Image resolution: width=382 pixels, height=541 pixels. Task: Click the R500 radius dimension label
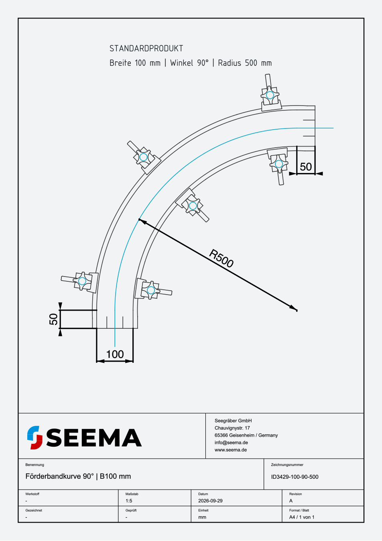221,258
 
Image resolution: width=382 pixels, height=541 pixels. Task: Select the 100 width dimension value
115,354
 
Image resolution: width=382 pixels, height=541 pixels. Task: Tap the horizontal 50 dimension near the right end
306,167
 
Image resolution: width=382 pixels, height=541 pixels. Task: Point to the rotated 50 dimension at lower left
53,319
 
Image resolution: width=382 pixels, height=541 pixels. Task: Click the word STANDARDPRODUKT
146,49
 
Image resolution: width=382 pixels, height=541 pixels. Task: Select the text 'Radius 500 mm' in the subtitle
245,63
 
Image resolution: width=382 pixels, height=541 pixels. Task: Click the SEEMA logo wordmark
94,437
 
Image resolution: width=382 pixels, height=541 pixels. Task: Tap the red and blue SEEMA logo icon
35,437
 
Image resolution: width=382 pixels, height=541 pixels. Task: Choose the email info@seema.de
231,442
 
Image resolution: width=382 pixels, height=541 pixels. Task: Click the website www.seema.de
231,450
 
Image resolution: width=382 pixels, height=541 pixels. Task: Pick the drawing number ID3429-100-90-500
295,477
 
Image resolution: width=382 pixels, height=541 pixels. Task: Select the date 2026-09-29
210,501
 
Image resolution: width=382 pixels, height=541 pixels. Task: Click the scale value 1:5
129,501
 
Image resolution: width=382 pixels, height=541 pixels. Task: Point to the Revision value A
291,501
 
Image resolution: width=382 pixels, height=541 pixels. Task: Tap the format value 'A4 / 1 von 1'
302,517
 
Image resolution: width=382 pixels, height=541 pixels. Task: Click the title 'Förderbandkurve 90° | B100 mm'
78,476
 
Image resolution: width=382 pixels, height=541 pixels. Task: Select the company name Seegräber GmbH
233,421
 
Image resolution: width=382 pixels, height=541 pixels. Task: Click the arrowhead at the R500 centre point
293,308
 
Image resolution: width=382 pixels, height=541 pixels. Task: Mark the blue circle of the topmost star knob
270,95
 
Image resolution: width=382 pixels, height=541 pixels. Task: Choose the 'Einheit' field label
203,510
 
